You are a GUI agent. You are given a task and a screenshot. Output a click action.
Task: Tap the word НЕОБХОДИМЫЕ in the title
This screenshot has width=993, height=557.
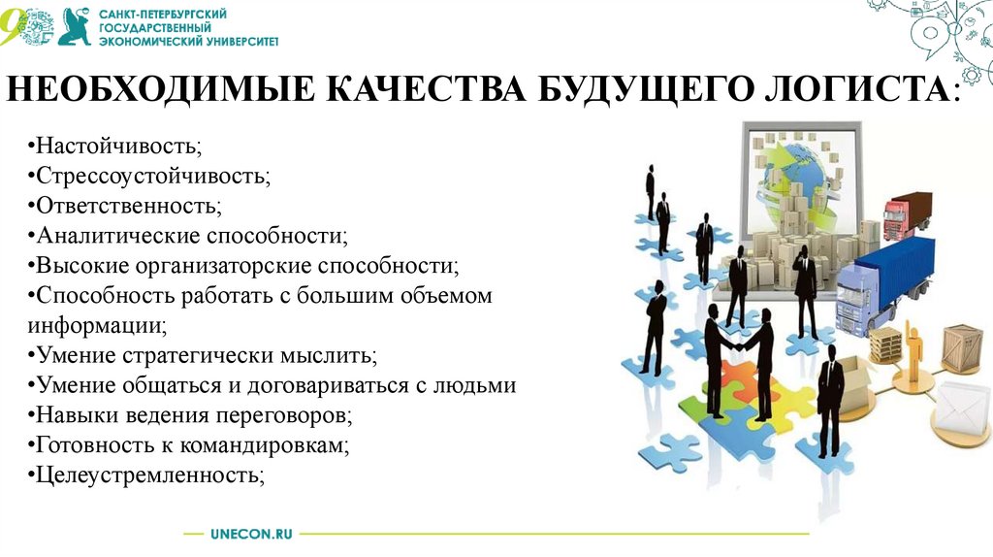160,88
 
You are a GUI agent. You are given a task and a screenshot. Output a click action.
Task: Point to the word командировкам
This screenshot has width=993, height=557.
264,445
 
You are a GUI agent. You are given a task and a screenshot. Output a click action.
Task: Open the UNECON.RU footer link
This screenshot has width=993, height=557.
251,534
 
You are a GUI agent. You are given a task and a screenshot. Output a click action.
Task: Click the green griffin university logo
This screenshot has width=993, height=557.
75,26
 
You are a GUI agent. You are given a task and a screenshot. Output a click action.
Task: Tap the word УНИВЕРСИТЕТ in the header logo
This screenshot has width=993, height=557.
243,41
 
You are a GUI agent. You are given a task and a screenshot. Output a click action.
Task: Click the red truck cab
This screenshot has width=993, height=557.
895,217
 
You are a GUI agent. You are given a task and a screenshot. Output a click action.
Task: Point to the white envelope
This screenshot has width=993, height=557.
962,407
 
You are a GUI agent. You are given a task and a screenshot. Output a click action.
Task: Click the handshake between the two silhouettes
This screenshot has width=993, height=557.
739,345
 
